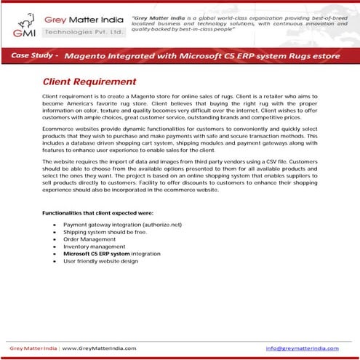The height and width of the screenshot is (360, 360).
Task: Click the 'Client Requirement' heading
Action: pyautogui.click(x=89, y=82)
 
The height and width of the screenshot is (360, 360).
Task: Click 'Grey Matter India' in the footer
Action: pyautogui.click(x=33, y=348)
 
